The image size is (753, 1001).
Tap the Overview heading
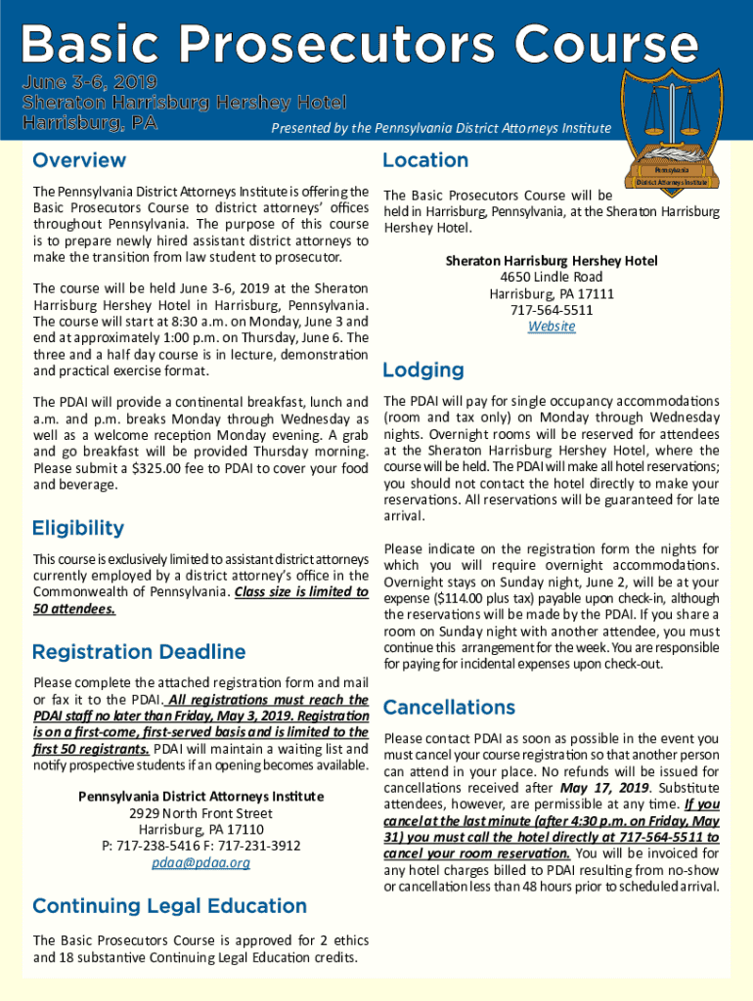[79, 160]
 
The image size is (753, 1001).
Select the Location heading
[425, 160]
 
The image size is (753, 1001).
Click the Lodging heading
[422, 370]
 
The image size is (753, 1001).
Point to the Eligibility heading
[78, 529]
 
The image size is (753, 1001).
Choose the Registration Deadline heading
[138, 652]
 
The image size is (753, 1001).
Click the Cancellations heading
[449, 707]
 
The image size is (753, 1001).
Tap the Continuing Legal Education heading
[169, 906]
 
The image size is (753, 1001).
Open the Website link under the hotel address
[552, 326]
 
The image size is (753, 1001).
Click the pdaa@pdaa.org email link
[201, 862]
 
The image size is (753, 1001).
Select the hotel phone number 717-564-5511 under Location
[552, 310]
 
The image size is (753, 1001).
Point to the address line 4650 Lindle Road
[552, 278]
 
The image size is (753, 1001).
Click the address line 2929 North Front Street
[201, 813]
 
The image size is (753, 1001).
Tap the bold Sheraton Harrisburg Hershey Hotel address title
[552, 261]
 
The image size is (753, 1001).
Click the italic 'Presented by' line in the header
[441, 128]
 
